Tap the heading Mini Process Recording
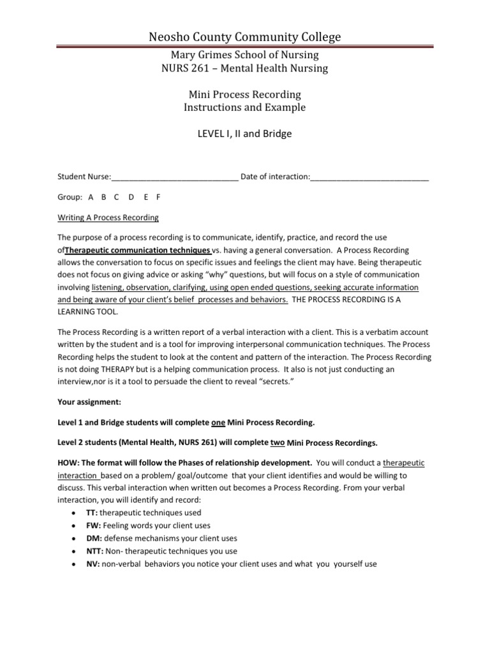244,94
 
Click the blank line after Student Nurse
175,177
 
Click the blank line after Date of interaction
369,177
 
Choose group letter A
91,197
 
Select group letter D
131,197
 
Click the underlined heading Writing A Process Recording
108,217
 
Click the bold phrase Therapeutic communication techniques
138,249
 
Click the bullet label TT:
92,513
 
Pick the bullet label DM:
93,538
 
